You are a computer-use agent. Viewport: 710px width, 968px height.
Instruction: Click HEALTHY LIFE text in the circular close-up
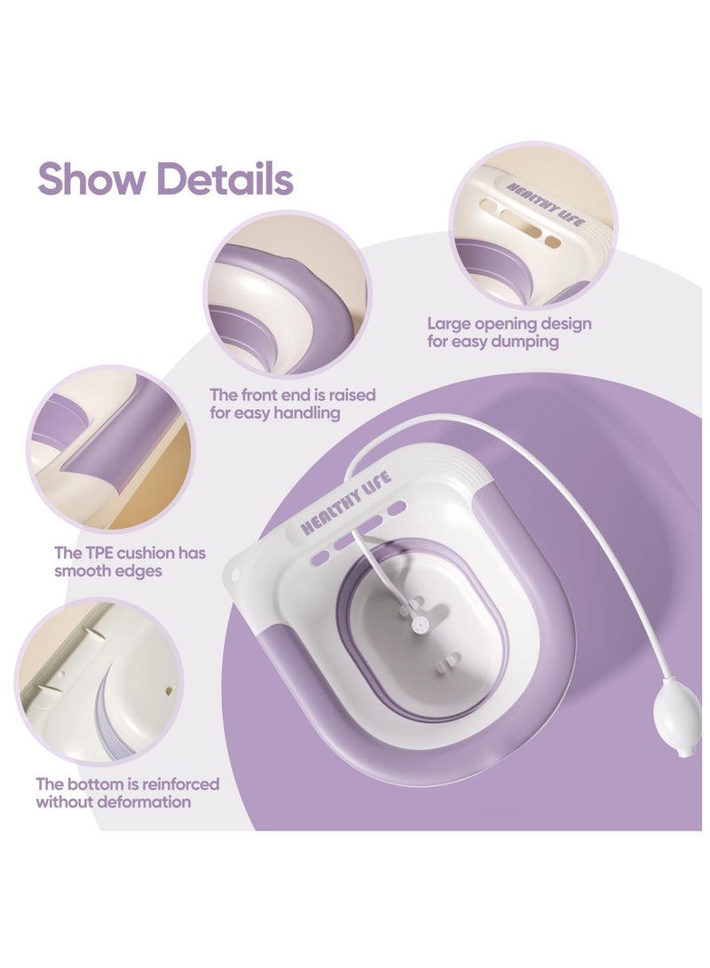[x=544, y=204]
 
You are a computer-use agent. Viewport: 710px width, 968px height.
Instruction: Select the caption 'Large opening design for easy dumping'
[x=509, y=333]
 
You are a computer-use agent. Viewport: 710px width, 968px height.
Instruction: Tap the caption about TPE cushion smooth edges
[x=130, y=562]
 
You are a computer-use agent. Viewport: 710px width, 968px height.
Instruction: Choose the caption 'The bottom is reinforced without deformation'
[x=127, y=793]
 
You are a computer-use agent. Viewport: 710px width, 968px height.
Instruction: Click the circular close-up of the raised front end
[x=288, y=293]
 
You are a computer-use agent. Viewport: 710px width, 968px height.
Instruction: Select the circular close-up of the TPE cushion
[x=109, y=448]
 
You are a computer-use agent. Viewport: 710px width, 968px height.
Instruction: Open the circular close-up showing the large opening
[x=532, y=226]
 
